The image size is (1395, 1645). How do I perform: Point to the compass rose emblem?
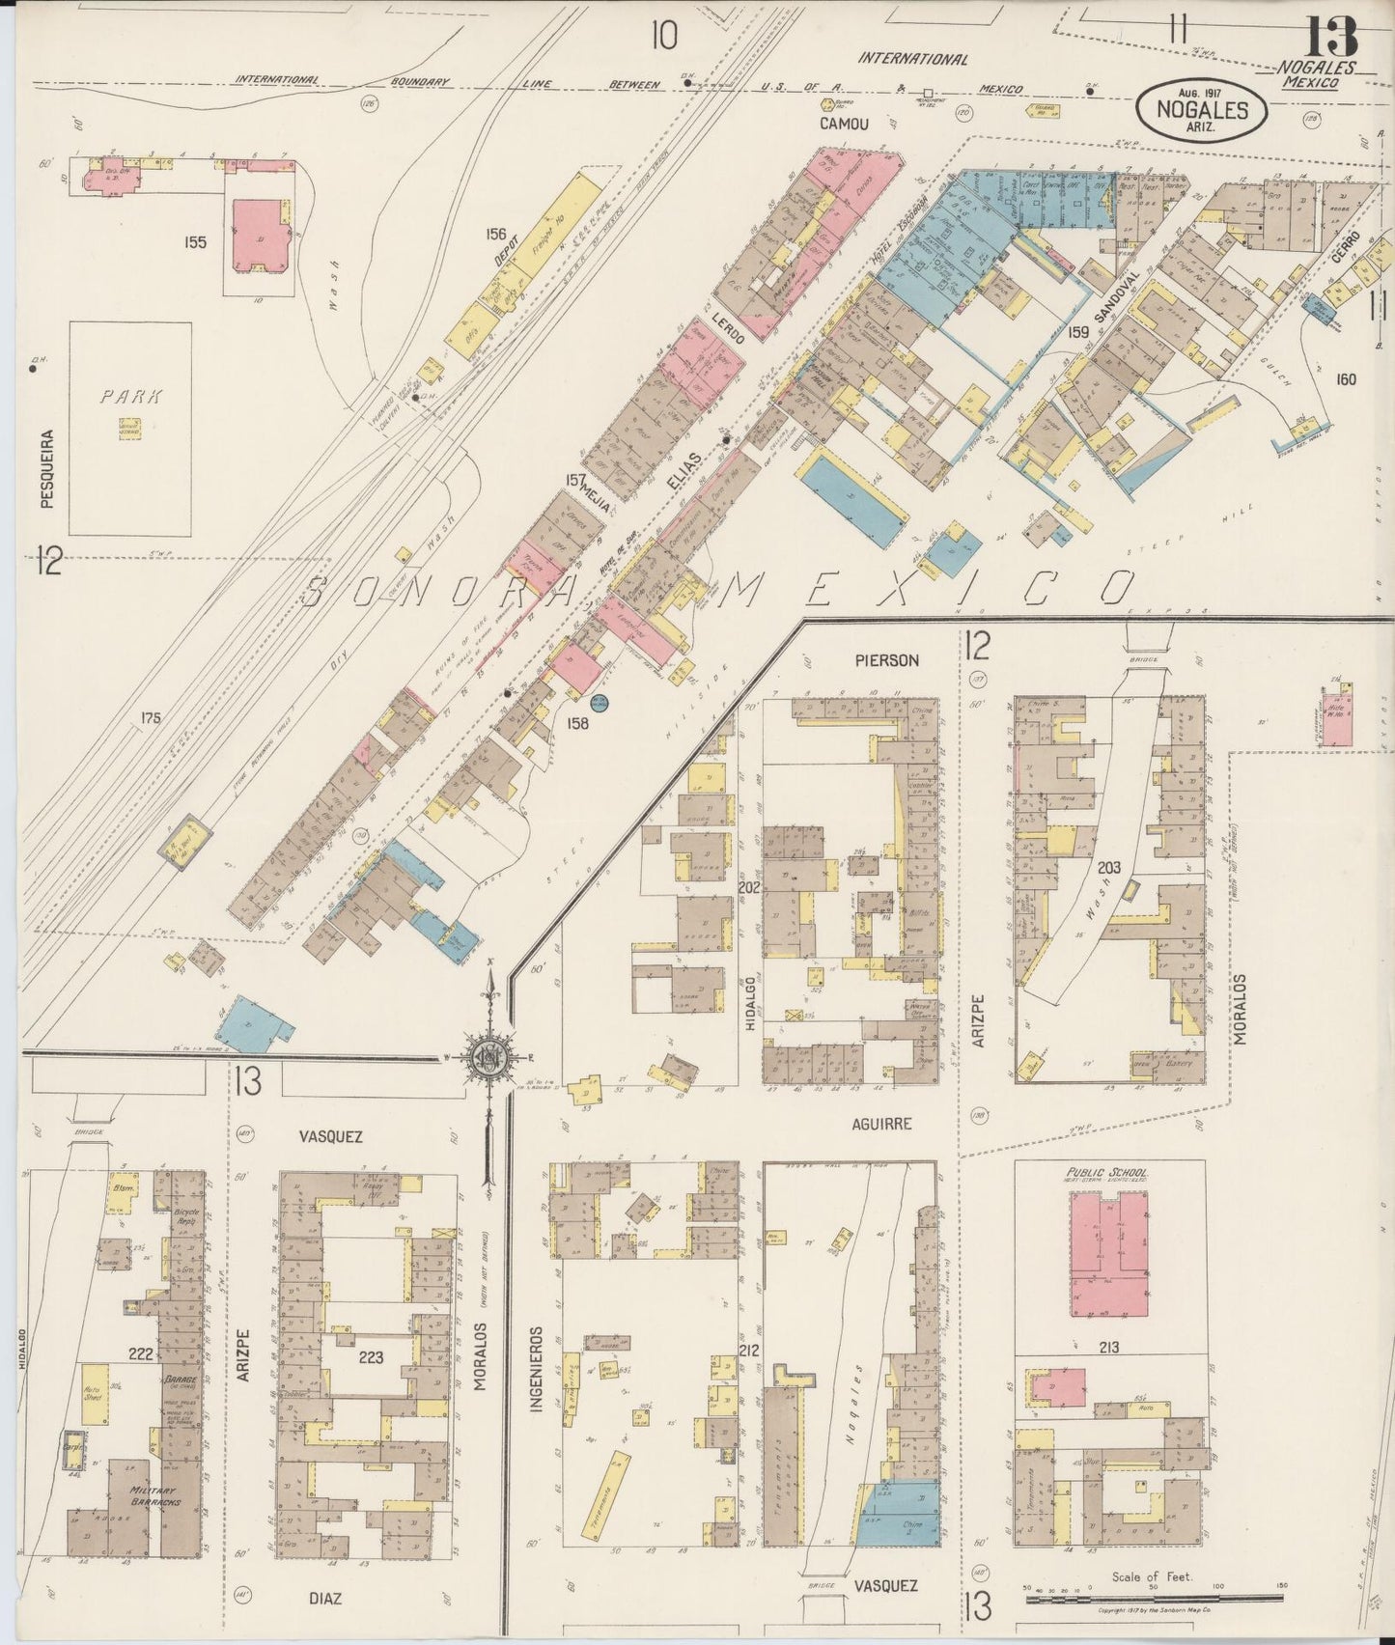(490, 1058)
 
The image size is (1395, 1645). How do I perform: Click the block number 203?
(1107, 868)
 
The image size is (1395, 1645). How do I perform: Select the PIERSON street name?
(886, 661)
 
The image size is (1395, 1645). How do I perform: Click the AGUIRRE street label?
(881, 1125)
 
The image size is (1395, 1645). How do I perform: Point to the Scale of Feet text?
(1152, 1577)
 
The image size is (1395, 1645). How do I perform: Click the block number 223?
(371, 1357)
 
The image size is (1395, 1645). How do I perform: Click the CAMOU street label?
(844, 124)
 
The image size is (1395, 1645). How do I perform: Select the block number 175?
(149, 718)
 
